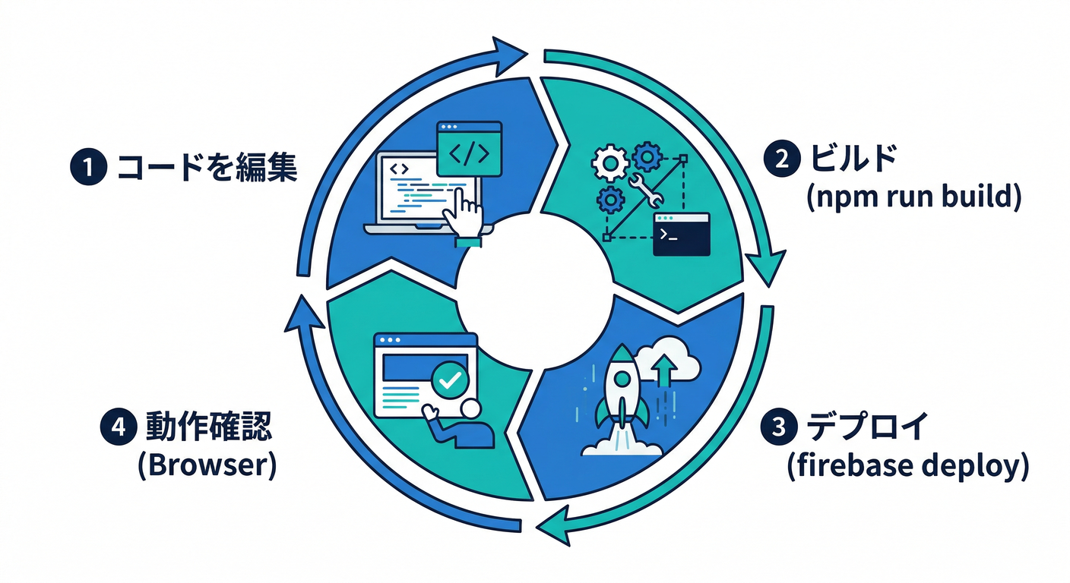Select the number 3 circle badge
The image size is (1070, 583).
point(777,427)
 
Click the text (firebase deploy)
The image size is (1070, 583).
point(907,465)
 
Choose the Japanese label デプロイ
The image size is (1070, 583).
point(866,427)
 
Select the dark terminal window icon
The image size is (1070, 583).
point(682,234)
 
